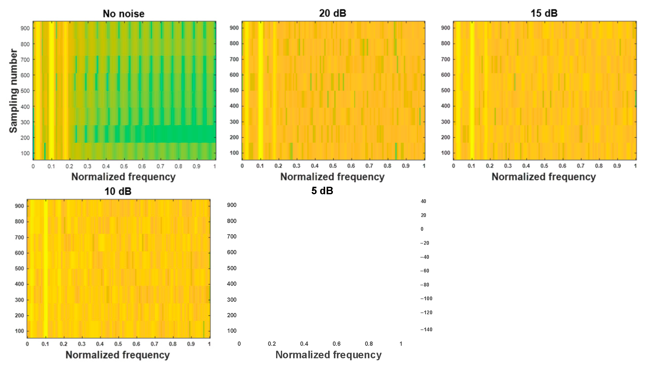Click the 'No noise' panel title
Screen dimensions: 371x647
point(124,13)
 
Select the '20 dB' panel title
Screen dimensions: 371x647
point(333,13)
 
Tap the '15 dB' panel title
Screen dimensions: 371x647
point(544,13)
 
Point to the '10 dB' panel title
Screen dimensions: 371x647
point(118,191)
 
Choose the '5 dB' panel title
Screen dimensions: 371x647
point(322,190)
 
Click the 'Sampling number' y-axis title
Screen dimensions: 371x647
point(13,91)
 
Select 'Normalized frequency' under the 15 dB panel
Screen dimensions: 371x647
point(543,176)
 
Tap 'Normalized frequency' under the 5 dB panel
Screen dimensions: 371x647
point(328,355)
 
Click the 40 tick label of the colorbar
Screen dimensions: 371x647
point(423,201)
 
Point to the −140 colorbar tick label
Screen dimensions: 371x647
point(426,329)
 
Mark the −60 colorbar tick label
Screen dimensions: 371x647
point(424,270)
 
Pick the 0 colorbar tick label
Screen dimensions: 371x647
point(422,229)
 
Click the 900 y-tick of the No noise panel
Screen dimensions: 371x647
point(25,28)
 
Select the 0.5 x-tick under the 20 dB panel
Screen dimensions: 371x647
point(333,166)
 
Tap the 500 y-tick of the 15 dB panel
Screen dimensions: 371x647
point(445,90)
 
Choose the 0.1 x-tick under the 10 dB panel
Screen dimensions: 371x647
point(45,344)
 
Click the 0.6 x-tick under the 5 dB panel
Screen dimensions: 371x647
point(336,344)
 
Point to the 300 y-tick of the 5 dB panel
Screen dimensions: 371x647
point(232,300)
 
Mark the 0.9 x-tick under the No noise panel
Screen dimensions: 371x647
point(197,166)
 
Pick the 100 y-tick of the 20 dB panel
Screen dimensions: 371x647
point(234,153)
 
